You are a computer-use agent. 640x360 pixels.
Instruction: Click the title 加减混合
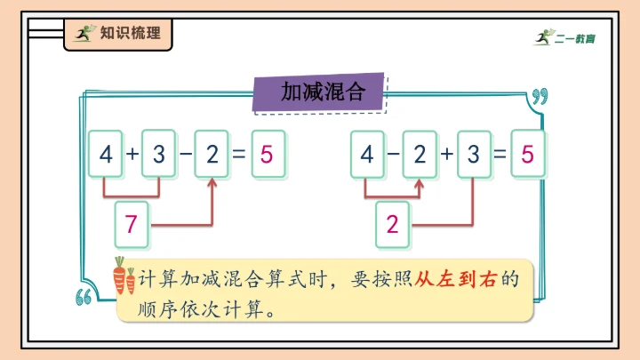[x=323, y=92]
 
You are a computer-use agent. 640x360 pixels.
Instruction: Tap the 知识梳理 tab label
[x=118, y=34]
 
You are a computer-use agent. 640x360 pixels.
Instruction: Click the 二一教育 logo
[x=564, y=36]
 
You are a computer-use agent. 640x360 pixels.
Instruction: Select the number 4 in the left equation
[x=107, y=154]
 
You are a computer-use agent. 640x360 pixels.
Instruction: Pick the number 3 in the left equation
[x=159, y=154]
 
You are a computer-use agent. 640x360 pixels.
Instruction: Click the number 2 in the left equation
[x=212, y=154]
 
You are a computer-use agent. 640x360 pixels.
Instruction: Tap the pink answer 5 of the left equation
[x=267, y=154]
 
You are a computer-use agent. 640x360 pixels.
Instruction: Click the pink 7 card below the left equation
[x=132, y=225]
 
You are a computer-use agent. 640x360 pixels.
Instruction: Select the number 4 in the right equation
[x=367, y=154]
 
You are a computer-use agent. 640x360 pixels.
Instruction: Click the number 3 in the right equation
[x=473, y=154]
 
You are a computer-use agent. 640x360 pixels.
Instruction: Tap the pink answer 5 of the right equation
[x=528, y=154]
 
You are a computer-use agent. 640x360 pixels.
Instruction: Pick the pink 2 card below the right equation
[x=393, y=225]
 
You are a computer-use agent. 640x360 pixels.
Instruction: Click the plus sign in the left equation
[x=133, y=154]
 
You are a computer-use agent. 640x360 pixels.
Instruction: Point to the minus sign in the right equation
[x=394, y=154]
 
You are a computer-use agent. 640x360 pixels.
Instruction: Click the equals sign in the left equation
[x=238, y=154]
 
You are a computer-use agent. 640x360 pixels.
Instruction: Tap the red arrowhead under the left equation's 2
[x=212, y=182]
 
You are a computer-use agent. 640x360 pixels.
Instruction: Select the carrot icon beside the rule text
[x=124, y=276]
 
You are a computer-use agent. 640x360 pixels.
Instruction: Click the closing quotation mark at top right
[x=539, y=96]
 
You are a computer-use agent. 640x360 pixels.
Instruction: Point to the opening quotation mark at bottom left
[x=86, y=298]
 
